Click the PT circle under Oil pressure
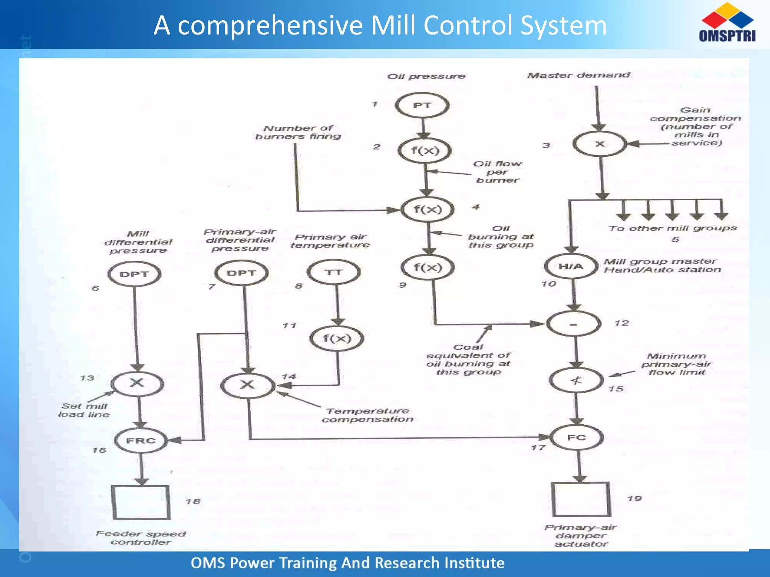coord(422,106)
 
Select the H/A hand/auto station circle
coord(571,266)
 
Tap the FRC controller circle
coord(141,441)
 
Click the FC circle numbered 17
coord(577,438)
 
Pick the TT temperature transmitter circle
coord(334,272)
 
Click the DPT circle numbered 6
coord(134,274)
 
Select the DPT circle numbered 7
coord(241,273)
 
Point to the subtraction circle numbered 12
coord(573,324)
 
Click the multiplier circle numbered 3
coord(600,144)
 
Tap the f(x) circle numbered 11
coord(337,338)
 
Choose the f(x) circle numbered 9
coord(428,267)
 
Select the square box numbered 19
coord(581,499)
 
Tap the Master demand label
coord(579,75)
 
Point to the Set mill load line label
coord(84,410)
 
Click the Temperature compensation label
coord(367,415)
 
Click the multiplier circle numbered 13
coord(137,383)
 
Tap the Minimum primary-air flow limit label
coord(676,364)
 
